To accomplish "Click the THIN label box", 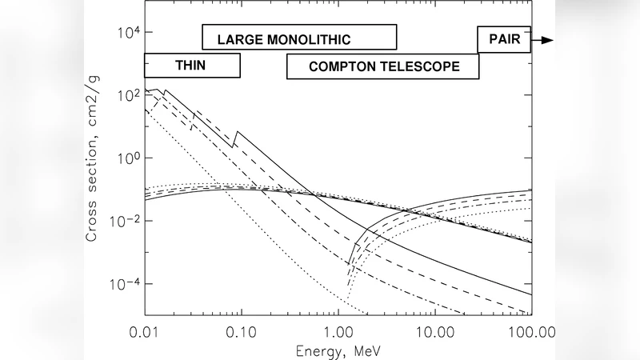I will coord(192,66).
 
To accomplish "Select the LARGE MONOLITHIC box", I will coord(299,38).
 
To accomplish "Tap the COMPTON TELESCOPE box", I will coord(383,67).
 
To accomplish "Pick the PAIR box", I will coord(503,39).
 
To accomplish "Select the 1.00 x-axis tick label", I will coord(338,330).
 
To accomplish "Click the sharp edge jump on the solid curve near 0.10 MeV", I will coord(234,138).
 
